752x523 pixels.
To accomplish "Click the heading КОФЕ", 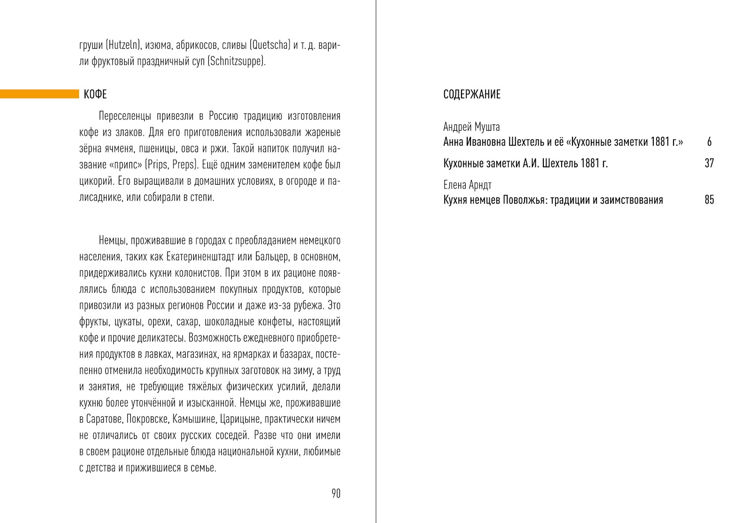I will (x=95, y=94).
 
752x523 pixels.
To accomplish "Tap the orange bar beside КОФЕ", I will (x=39, y=94).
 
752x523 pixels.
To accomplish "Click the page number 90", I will (x=336, y=493).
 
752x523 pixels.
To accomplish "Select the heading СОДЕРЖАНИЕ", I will (x=471, y=94).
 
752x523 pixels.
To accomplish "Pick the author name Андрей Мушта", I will (x=471, y=127).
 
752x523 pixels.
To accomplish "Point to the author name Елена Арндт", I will (x=467, y=185).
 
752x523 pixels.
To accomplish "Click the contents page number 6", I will (x=709, y=142).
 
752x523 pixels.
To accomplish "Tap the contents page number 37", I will (x=709, y=164).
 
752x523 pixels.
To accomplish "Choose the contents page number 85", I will (x=709, y=200).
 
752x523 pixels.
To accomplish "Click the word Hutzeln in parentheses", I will (x=124, y=46).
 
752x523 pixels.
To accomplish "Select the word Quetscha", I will (x=269, y=46).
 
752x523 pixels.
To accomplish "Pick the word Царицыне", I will (x=239, y=419).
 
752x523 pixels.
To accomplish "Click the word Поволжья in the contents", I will (x=523, y=200).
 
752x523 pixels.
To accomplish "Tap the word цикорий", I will (x=94, y=181).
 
